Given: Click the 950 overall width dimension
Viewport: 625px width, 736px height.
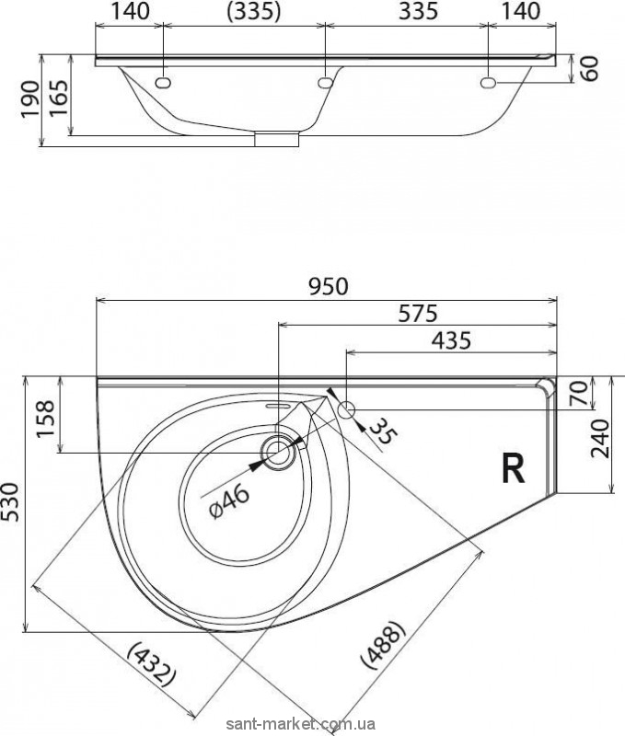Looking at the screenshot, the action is [329, 287].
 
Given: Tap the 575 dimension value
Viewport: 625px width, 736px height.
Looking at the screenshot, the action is [418, 314].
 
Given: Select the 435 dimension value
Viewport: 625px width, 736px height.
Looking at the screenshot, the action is [451, 340].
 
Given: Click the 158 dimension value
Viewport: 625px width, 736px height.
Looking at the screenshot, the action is [46, 419].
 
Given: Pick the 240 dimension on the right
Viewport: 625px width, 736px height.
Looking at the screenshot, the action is [600, 439].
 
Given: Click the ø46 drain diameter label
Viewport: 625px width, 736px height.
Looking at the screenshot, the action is [229, 501].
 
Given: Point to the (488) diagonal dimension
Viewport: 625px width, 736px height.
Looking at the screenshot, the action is [382, 644].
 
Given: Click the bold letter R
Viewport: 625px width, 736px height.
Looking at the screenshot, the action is [513, 469].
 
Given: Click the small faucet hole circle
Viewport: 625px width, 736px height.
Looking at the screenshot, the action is [346, 409].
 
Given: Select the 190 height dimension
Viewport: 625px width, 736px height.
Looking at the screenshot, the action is [31, 99].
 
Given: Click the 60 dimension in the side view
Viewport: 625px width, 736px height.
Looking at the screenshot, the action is [590, 68].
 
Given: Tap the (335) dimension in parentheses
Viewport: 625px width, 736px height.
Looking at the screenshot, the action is [253, 11].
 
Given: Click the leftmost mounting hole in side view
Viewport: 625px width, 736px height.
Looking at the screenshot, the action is [163, 83].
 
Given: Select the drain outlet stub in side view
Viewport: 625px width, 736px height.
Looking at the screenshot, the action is [277, 140].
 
